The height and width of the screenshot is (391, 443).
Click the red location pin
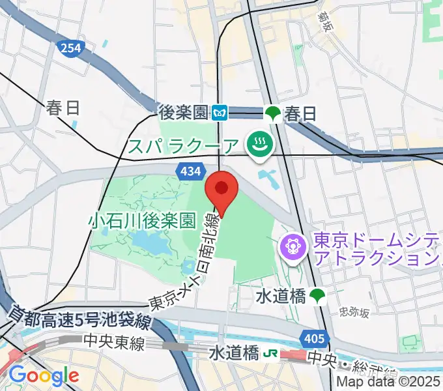tap(222, 190)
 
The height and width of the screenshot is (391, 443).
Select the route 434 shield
tap(188, 171)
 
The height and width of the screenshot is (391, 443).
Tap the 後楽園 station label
tap(184, 113)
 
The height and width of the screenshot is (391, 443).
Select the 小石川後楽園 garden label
tap(142, 221)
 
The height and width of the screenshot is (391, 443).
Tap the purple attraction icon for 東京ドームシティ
tap(292, 246)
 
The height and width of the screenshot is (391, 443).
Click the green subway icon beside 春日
tap(271, 113)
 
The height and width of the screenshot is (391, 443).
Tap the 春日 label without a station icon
tap(63, 108)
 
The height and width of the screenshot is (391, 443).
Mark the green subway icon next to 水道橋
tap(317, 297)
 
